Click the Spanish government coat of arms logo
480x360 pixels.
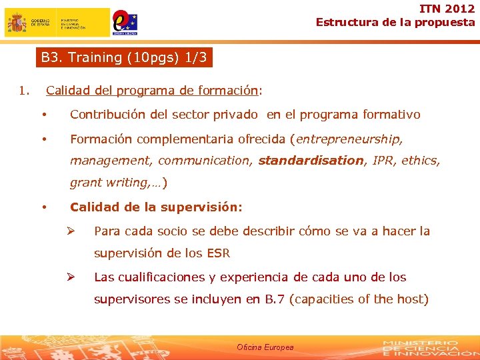point(17,23)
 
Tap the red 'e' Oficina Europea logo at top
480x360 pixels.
point(124,22)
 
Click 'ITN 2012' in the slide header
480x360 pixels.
point(447,9)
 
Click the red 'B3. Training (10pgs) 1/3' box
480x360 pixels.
point(124,57)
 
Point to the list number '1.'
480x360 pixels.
point(24,90)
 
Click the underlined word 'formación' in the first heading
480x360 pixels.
point(231,90)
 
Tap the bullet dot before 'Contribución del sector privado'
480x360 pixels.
point(44,115)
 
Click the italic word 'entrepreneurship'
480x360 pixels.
point(349,139)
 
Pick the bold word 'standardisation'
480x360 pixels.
point(311,161)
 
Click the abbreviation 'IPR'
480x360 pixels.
point(382,161)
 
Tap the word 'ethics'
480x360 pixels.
point(421,161)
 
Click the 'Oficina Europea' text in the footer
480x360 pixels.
point(265,347)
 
